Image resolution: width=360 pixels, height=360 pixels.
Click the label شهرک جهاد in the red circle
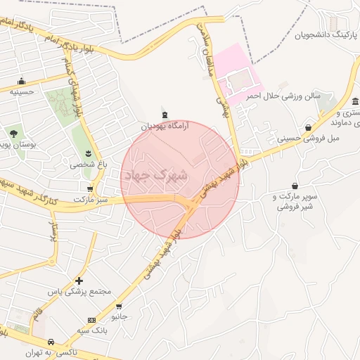click(155, 175)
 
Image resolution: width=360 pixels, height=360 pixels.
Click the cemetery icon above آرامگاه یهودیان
click(165, 114)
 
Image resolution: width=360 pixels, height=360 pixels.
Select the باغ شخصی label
click(86, 165)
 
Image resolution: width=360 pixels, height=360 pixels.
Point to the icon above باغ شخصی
click(88, 153)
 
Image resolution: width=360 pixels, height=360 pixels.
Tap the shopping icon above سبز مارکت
click(90, 188)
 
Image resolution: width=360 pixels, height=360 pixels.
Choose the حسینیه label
click(25, 91)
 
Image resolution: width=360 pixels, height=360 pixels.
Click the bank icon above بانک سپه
click(91, 319)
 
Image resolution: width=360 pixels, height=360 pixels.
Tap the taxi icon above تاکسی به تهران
click(51, 342)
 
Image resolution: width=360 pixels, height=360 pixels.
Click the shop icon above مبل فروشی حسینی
click(309, 127)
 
